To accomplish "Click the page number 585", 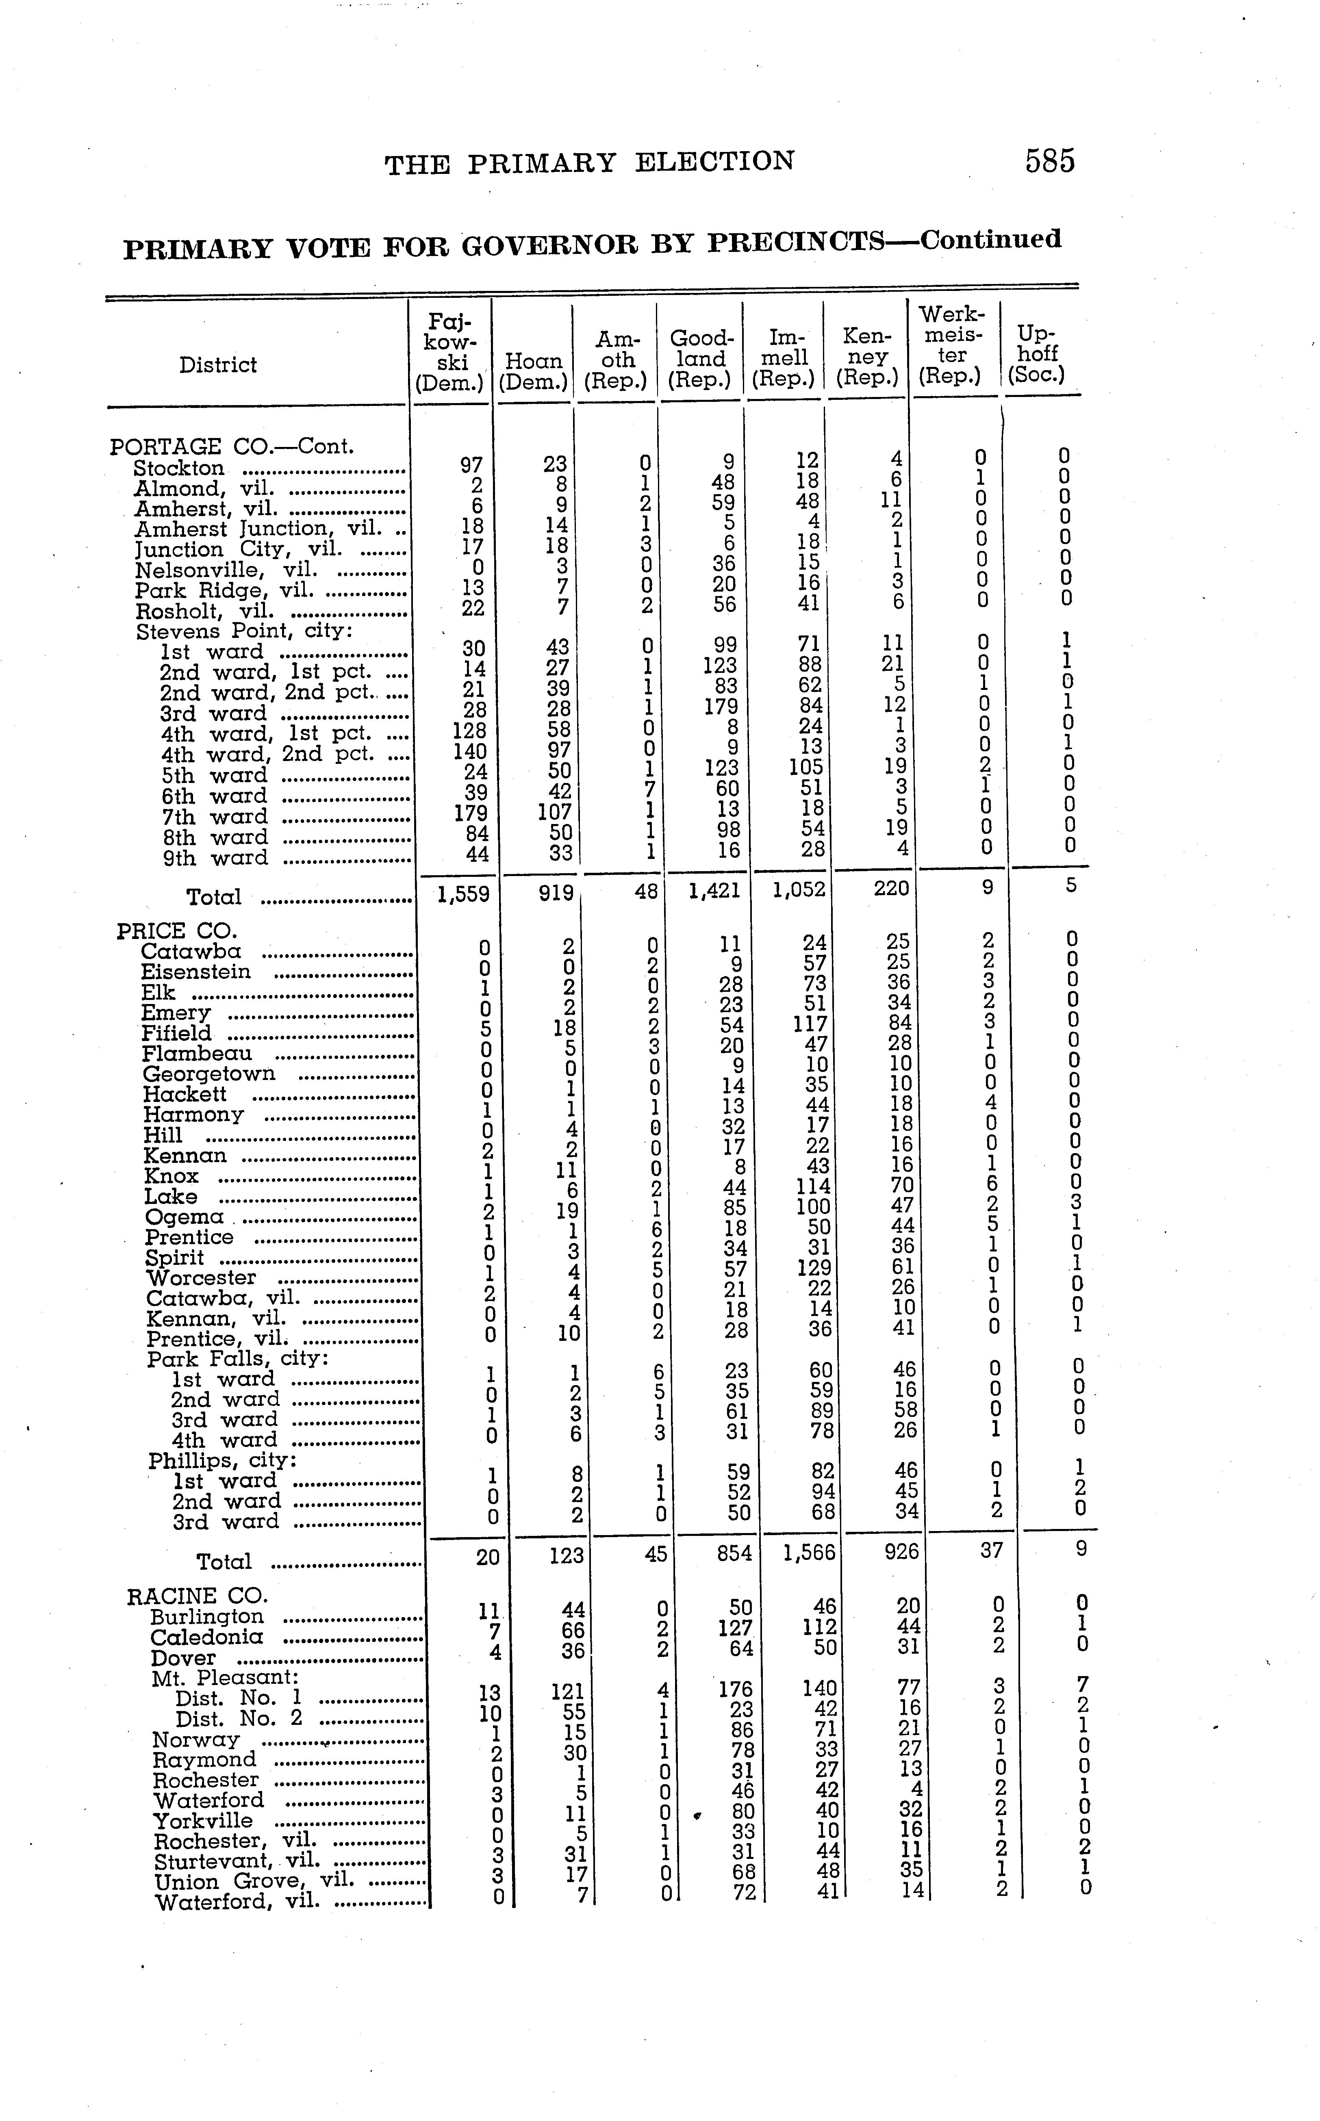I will click(x=1050, y=161).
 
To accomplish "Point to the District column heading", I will click(x=218, y=365).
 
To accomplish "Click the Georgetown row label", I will click(x=208, y=1074).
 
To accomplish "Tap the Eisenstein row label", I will click(x=195, y=972).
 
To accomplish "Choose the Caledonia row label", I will click(x=207, y=1637).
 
